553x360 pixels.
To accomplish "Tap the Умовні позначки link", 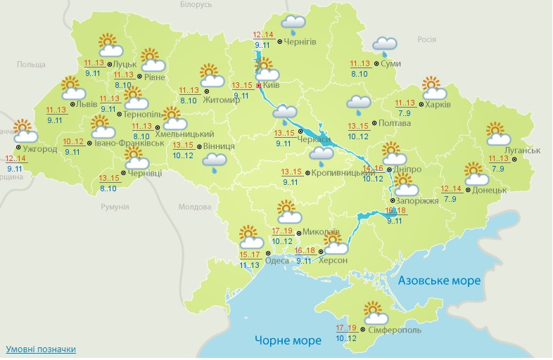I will [40, 349].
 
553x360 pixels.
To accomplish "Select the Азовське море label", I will [439, 281].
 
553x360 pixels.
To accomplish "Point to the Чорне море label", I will [288, 340].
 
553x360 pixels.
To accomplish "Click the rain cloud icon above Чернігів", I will [293, 25].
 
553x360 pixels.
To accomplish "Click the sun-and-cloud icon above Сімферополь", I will [375, 311].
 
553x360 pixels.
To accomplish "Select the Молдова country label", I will [195, 207].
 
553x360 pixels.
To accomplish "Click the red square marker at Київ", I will [259, 85].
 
